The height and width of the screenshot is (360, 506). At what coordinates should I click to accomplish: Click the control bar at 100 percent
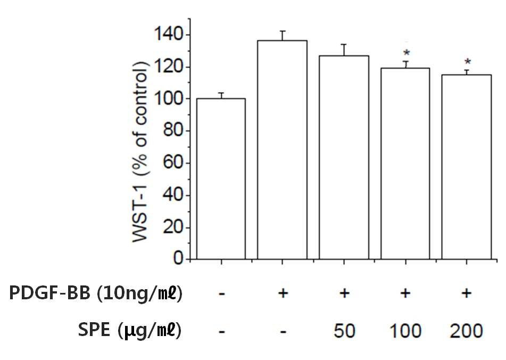point(221,179)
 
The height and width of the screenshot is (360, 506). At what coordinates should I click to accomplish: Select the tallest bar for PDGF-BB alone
point(283,150)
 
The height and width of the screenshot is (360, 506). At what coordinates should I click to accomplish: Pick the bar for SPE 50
point(344,158)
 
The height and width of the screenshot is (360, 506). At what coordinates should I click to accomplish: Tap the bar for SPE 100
point(405,163)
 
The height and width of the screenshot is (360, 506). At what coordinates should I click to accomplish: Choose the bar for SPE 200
point(467,167)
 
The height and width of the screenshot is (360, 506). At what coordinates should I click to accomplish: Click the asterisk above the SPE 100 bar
point(407,53)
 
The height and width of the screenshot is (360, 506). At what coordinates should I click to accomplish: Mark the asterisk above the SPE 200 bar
point(468,62)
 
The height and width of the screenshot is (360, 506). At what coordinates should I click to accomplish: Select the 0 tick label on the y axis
point(178,258)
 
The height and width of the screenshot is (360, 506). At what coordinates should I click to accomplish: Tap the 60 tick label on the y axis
point(173,162)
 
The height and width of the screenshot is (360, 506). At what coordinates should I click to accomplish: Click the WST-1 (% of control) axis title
point(140,151)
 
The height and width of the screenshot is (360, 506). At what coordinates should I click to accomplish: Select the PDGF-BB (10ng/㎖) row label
point(96,293)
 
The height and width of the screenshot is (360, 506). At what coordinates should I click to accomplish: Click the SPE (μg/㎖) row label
point(130,330)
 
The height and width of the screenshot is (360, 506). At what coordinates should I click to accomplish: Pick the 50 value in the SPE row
point(344,331)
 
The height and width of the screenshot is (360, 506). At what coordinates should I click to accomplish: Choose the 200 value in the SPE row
point(466,331)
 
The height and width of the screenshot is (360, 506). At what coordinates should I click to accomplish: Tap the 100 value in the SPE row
point(405,331)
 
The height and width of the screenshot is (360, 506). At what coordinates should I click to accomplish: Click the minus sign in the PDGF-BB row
point(221,294)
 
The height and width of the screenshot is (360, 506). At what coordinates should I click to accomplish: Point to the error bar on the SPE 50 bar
point(344,50)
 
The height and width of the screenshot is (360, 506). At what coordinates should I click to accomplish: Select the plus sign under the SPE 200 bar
point(466,293)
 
